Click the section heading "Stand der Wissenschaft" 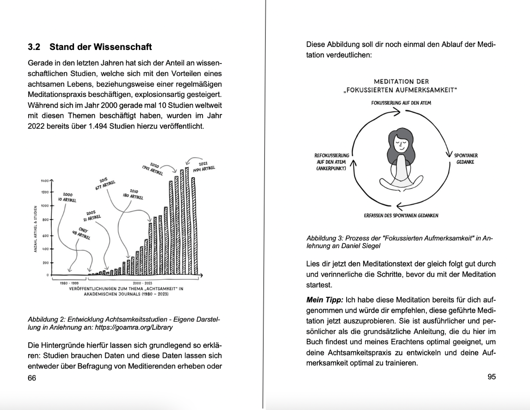(100, 47)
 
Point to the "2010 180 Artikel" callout (133, 194)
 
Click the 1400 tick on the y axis (45, 181)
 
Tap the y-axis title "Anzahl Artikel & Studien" (35, 228)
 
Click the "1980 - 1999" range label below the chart (69, 283)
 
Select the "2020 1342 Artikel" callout (153, 169)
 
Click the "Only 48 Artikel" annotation (82, 234)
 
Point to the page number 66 (32, 378)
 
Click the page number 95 (492, 377)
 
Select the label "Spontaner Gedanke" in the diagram (465, 158)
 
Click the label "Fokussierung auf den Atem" (401, 103)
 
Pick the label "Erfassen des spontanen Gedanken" (401, 216)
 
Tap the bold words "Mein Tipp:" (324, 300)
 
